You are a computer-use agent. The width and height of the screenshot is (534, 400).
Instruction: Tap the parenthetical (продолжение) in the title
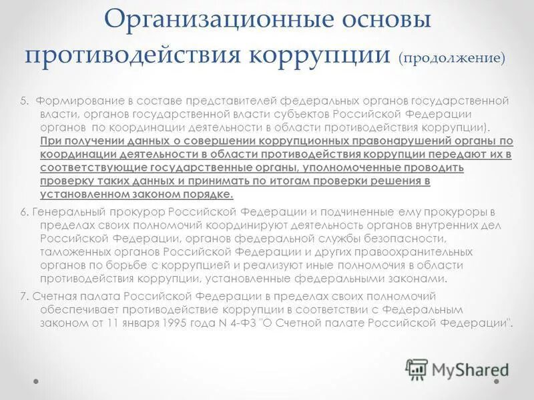pos(452,57)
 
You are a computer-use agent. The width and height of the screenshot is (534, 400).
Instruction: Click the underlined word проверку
pos(64,181)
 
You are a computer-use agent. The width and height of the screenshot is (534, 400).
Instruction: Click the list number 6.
pos(23,212)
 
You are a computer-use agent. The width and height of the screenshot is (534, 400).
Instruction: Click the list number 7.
pos(23,295)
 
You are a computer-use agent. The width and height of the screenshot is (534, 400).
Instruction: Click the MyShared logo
pos(458,369)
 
